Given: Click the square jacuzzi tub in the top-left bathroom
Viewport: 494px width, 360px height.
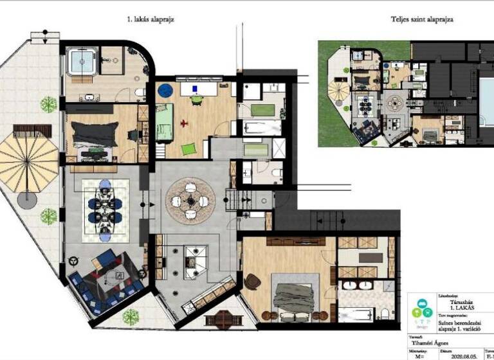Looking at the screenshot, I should (81, 62).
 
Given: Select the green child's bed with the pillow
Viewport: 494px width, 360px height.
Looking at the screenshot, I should (163, 122).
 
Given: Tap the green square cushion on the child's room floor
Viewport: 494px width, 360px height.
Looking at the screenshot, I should (188, 149).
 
